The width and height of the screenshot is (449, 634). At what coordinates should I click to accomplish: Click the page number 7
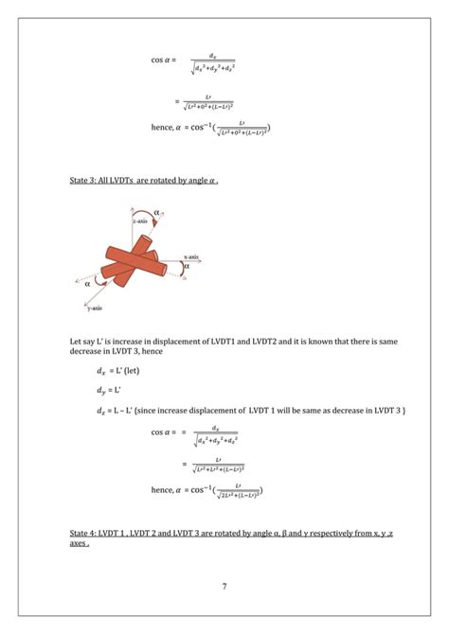pyautogui.click(x=224, y=587)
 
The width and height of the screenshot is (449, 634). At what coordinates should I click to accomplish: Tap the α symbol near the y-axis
pyautogui.click(x=86, y=282)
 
